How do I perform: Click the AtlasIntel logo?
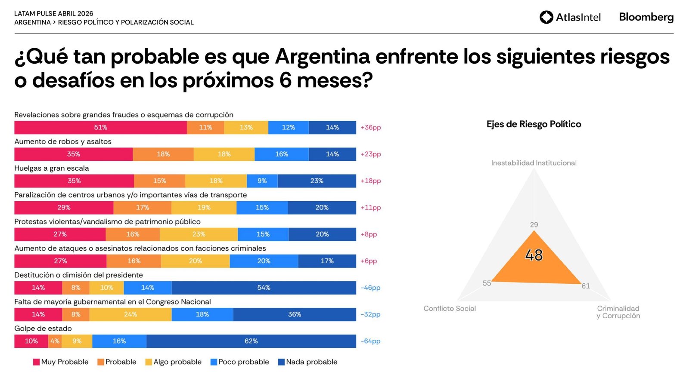tap(570, 17)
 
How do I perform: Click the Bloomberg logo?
tap(646, 17)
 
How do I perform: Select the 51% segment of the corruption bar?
tap(100, 128)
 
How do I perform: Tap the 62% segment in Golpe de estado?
tap(251, 341)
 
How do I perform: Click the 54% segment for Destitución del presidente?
tap(264, 288)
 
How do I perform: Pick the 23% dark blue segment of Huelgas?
tap(317, 181)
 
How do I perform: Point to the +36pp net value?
tap(370, 128)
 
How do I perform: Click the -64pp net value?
tap(370, 341)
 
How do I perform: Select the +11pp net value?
tap(370, 208)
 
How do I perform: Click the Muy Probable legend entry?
tap(61, 362)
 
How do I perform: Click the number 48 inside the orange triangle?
tap(534, 255)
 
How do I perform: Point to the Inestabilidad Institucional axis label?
tap(534, 163)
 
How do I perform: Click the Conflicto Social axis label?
tap(450, 308)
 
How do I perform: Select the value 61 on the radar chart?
tap(586, 286)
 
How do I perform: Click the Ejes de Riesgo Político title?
tap(534, 124)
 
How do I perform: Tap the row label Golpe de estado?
tap(43, 329)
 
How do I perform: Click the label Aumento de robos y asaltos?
tap(63, 141)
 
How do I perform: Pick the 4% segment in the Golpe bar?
tap(55, 341)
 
